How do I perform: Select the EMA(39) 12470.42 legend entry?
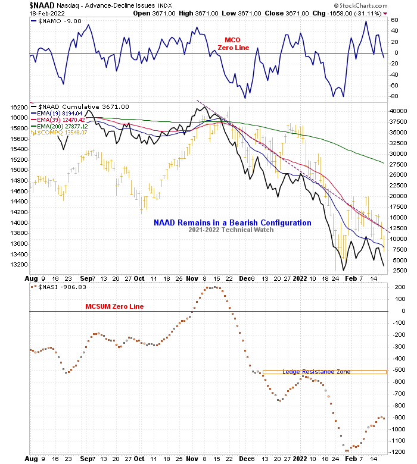pos(61,120)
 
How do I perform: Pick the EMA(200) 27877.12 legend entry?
pos(63,127)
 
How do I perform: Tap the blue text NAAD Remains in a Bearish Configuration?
pos(232,222)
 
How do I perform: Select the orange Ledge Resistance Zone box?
pos(325,372)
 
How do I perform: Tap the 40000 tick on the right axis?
pos(399,111)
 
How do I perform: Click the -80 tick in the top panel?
pos(394,96)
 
